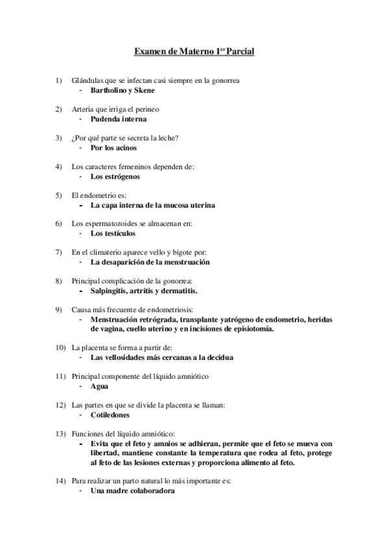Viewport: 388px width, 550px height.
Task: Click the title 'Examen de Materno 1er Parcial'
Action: (x=194, y=50)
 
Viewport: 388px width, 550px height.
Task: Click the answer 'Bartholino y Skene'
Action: (x=122, y=91)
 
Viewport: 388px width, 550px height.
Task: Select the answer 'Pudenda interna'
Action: (x=119, y=119)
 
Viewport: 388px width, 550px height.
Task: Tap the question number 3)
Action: (x=59, y=137)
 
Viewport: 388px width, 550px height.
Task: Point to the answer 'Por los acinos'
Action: (x=114, y=148)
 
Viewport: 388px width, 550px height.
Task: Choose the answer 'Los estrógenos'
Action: (x=115, y=176)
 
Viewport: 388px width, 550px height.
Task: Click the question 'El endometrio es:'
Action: (x=99, y=195)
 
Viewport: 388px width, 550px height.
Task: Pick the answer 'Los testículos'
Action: (x=113, y=233)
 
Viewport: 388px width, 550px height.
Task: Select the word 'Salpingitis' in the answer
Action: (x=112, y=291)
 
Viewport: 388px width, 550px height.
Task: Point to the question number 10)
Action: (x=59, y=348)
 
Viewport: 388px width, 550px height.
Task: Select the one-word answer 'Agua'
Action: (x=99, y=387)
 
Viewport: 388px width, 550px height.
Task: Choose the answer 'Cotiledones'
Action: (x=110, y=415)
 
